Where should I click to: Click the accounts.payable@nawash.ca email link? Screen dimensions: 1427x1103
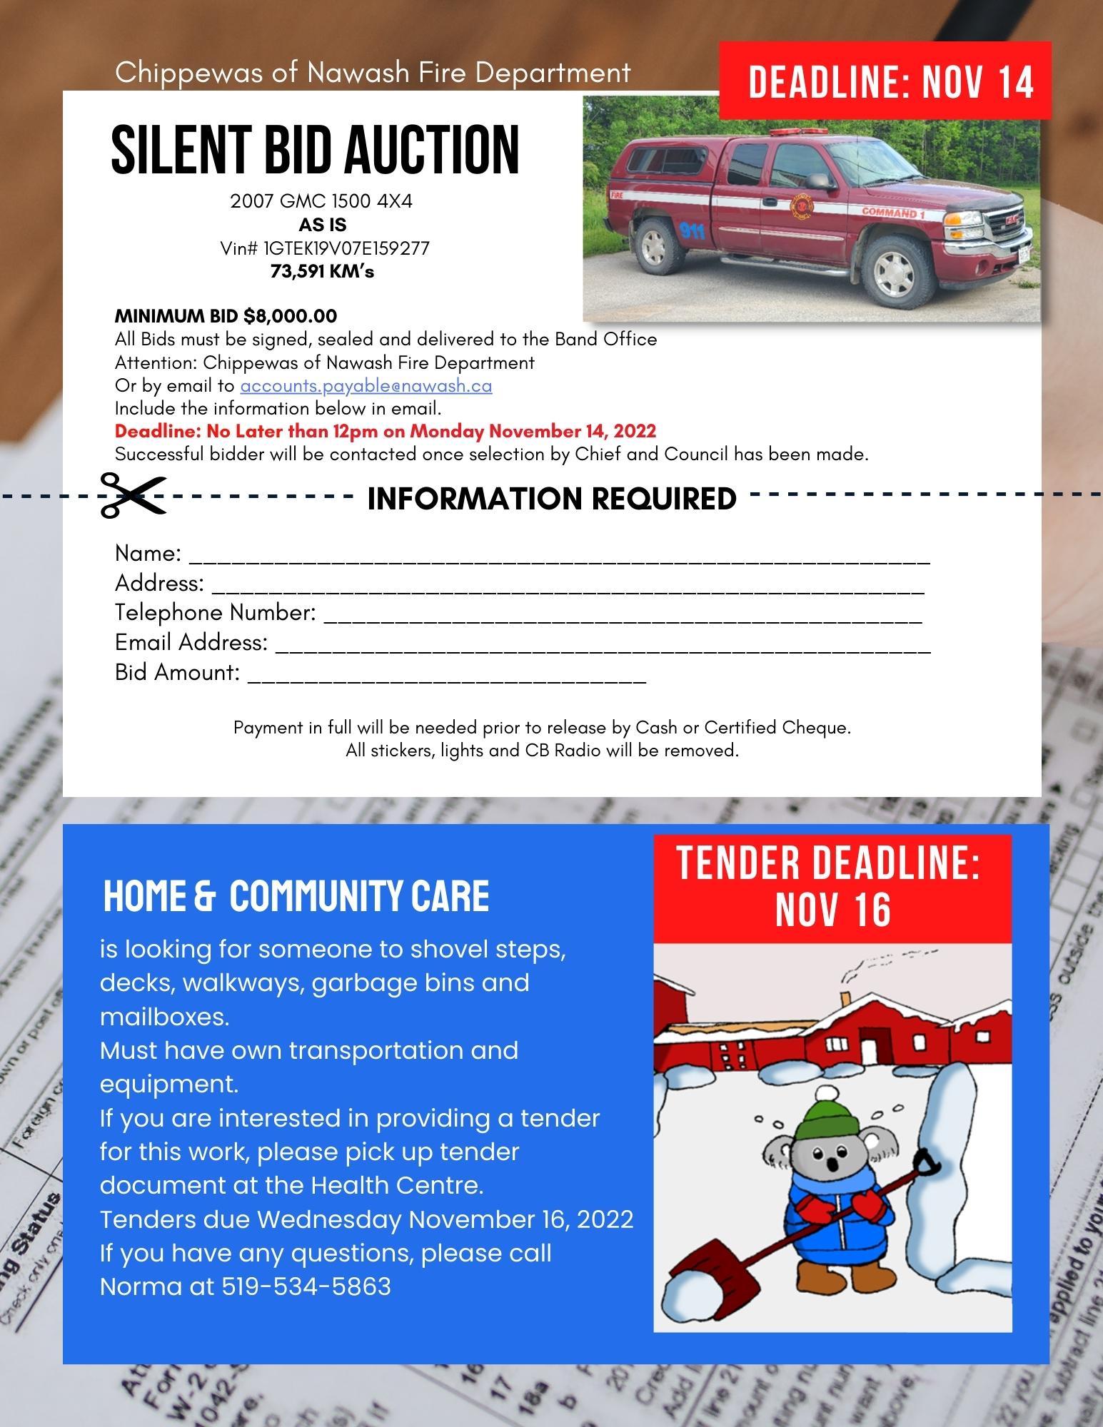[366, 386]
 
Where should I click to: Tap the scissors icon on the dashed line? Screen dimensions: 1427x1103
[132, 494]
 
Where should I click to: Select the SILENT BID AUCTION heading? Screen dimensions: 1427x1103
[315, 149]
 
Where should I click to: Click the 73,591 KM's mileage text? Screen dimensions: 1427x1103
[322, 272]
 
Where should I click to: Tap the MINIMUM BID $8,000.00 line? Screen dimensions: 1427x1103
[226, 316]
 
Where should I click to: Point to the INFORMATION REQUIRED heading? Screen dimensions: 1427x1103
[551, 499]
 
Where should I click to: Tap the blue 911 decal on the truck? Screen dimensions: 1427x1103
[692, 230]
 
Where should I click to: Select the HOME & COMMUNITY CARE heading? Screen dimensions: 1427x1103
[296, 897]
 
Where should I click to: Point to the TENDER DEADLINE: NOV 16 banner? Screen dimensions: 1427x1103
[832, 888]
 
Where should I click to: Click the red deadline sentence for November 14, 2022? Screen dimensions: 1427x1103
[386, 432]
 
